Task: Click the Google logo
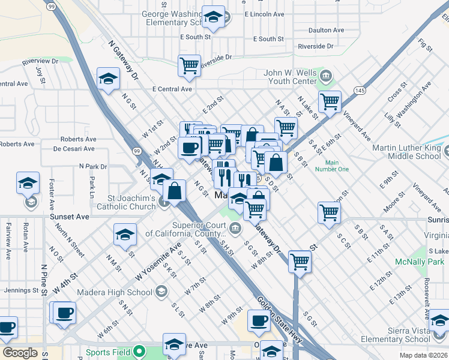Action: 20,353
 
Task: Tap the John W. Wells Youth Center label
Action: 290,77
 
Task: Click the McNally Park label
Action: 419,262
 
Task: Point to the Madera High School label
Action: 115,292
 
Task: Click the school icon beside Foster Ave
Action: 28,182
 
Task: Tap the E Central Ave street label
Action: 172,89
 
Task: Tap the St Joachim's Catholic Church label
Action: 124,202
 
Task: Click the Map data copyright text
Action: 423,355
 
